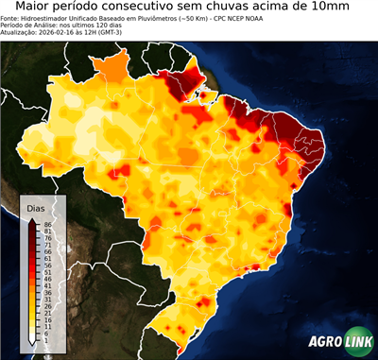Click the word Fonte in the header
tap(10, 19)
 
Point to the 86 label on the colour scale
tap(47, 224)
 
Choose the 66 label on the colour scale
tap(47, 252)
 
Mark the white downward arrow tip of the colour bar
tap(33, 340)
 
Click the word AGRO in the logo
tap(325, 342)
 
